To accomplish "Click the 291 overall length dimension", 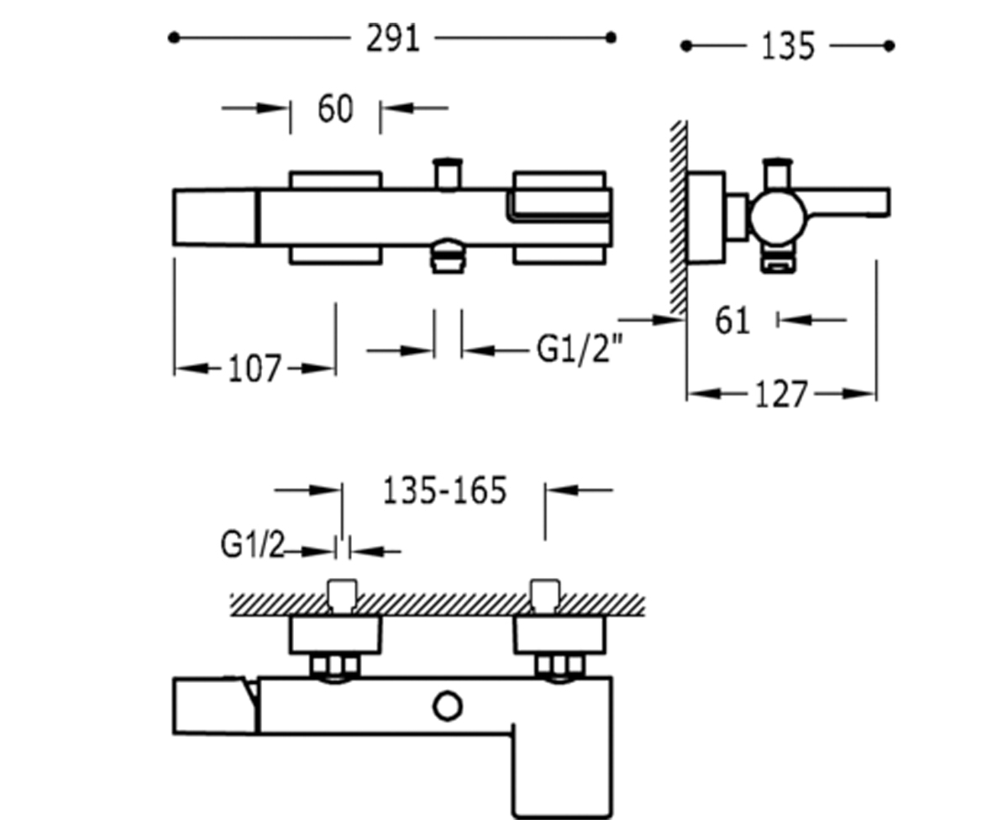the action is [x=393, y=39].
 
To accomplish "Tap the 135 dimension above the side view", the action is [x=788, y=46].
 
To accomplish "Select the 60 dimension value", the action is [x=335, y=108].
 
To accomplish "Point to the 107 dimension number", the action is [x=255, y=369].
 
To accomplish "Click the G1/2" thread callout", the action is [x=580, y=349].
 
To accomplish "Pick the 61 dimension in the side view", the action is [x=732, y=320].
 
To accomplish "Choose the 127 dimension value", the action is [x=781, y=395].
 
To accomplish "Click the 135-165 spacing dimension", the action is [x=444, y=491].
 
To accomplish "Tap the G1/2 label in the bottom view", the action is [x=253, y=545].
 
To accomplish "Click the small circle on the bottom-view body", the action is [x=448, y=706].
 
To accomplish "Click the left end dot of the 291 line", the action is [x=174, y=38].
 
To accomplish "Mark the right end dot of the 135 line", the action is [x=889, y=46].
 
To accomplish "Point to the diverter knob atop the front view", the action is [x=448, y=174].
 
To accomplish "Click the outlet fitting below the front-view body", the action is [x=448, y=257].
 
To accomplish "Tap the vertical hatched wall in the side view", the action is [x=678, y=218].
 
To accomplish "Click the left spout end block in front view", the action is [x=216, y=217].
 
